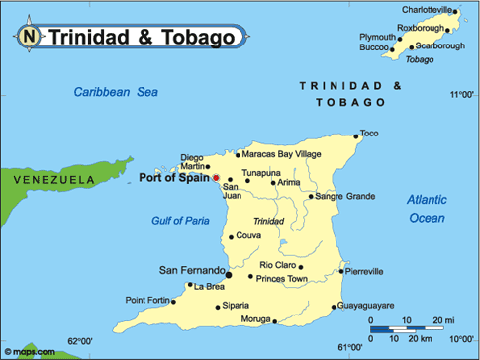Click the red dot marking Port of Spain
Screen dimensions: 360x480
pyautogui.click(x=217, y=178)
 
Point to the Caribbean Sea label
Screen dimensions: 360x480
pyautogui.click(x=116, y=92)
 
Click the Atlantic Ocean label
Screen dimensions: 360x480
pyautogui.click(x=427, y=208)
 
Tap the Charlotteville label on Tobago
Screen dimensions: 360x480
pyautogui.click(x=423, y=10)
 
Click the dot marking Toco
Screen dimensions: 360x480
pyautogui.click(x=356, y=136)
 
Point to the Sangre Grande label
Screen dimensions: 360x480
pyautogui.click(x=345, y=196)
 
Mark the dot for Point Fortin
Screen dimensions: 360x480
pyautogui.click(x=176, y=301)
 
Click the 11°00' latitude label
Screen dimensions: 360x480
pyautogui.click(x=461, y=95)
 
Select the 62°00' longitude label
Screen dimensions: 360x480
pyautogui.click(x=81, y=342)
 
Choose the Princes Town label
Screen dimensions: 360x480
pyautogui.click(x=283, y=278)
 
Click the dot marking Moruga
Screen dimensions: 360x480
pyautogui.click(x=274, y=320)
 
